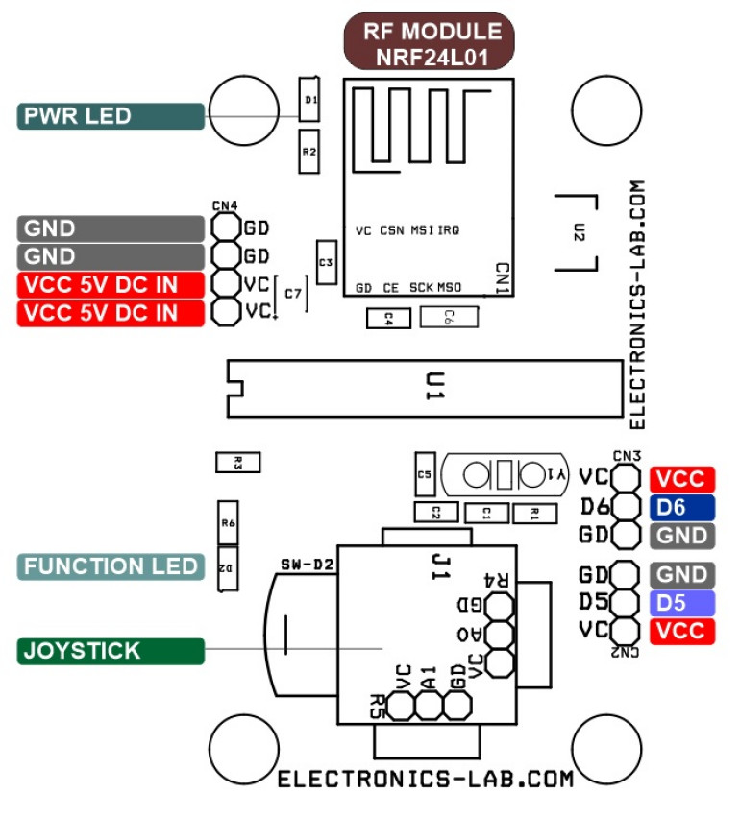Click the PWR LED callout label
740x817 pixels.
pyautogui.click(x=111, y=116)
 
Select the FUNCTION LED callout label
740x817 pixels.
pyautogui.click(x=111, y=566)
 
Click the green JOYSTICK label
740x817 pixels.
pyautogui.click(x=111, y=651)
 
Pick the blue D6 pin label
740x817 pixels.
pyautogui.click(x=682, y=507)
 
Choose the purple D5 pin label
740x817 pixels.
pyautogui.click(x=682, y=603)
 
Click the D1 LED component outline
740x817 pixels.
pyautogui.click(x=309, y=99)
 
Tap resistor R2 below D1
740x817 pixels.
pyautogui.click(x=309, y=153)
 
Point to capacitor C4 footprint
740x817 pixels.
pyautogui.click(x=388, y=317)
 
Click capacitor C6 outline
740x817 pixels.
pyautogui.click(x=448, y=317)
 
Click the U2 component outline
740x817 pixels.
pyautogui.click(x=580, y=232)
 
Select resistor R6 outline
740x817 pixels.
pyautogui.click(x=228, y=523)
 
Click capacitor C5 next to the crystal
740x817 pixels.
pyautogui.click(x=425, y=473)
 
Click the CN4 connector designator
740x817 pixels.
pyautogui.click(x=225, y=205)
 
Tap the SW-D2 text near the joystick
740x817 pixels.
pyautogui.click(x=307, y=563)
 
